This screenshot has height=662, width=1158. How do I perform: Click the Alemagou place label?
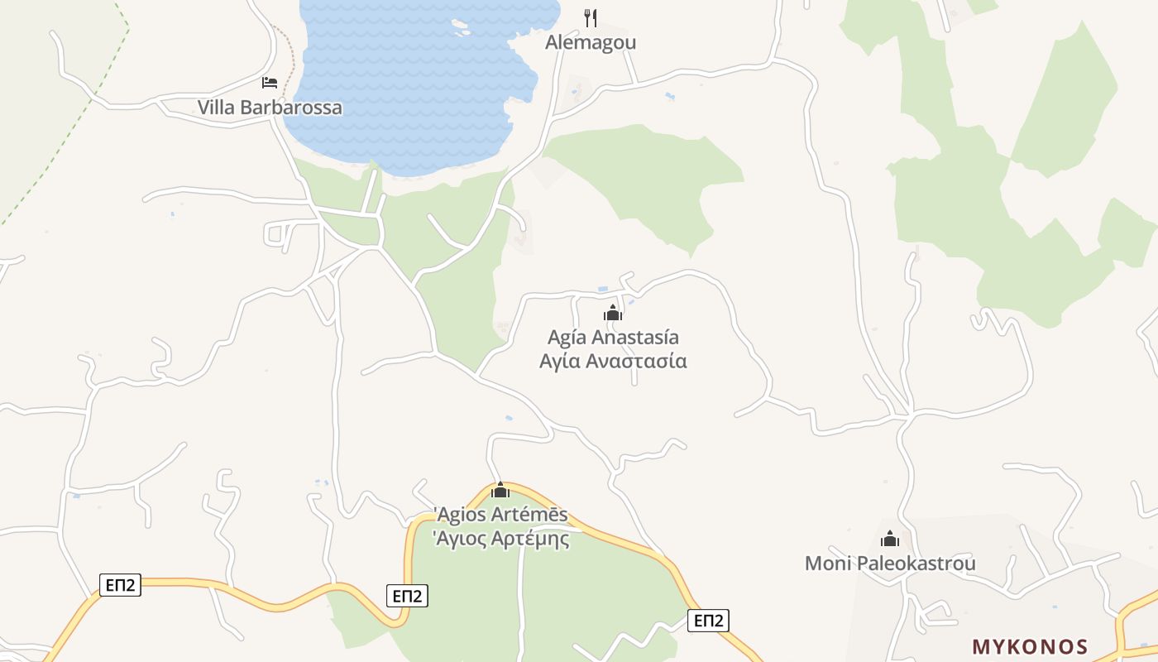pyautogui.click(x=590, y=42)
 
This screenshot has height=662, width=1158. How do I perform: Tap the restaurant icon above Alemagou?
pyautogui.click(x=591, y=17)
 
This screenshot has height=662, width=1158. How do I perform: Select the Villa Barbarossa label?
pyautogui.click(x=269, y=108)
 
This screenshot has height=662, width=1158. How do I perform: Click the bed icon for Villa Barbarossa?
pyautogui.click(x=269, y=82)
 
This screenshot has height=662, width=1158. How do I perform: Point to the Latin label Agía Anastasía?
pyautogui.click(x=613, y=337)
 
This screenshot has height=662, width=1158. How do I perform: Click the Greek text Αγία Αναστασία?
pyautogui.click(x=613, y=361)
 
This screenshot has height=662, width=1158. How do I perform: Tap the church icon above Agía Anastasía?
pyautogui.click(x=612, y=313)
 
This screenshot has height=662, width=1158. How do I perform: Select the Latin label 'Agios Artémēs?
pyautogui.click(x=501, y=515)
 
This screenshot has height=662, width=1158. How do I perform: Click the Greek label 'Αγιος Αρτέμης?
pyautogui.click(x=501, y=539)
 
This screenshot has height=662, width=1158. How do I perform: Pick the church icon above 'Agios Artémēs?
pyautogui.click(x=500, y=490)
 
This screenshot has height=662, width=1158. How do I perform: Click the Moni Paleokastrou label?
pyautogui.click(x=890, y=564)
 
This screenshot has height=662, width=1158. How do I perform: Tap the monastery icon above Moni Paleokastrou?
pyautogui.click(x=890, y=540)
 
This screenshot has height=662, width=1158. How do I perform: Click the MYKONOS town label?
pyautogui.click(x=1030, y=646)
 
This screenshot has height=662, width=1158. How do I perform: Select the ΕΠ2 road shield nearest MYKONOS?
pyautogui.click(x=709, y=621)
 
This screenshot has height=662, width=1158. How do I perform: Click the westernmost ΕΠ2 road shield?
pyautogui.click(x=121, y=585)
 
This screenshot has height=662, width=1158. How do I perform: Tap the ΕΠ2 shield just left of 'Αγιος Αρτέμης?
pyautogui.click(x=407, y=595)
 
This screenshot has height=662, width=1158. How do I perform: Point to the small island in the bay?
pyautogui.click(x=460, y=27)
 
